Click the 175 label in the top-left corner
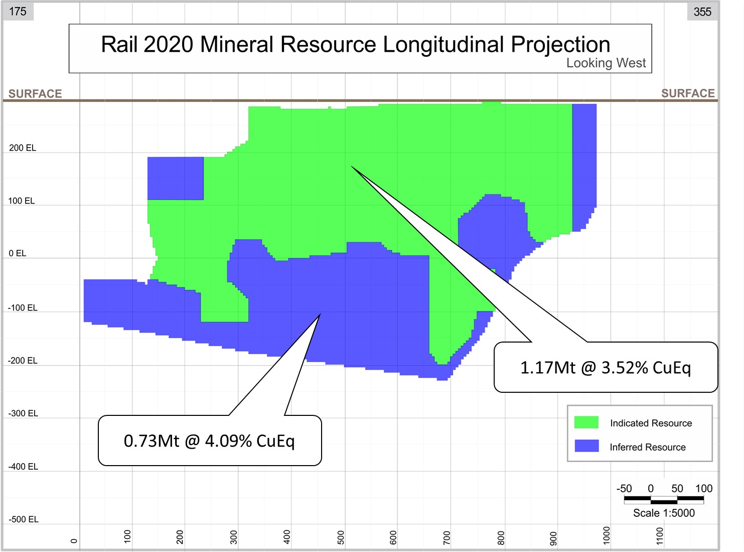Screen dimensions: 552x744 coord(18,11)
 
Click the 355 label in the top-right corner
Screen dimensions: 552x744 coord(702,12)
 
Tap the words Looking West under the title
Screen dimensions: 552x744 coord(606,63)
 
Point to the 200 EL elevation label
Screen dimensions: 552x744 coord(23,148)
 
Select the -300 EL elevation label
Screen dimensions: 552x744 coord(23,413)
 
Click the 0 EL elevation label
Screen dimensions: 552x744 coord(18,253)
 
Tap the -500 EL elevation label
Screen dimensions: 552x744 coord(24,519)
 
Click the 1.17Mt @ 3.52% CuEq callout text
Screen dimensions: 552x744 coord(606,368)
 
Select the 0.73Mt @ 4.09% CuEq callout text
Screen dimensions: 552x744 coord(209,441)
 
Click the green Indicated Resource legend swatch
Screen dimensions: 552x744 coord(586,422)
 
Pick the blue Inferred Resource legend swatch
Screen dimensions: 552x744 coord(586,446)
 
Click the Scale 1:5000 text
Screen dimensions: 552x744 coord(664,513)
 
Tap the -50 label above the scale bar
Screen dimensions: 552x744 coord(624,488)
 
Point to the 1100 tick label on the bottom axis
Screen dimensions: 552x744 coord(660,536)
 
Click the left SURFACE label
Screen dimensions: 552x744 coord(35,93)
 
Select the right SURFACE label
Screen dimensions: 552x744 coord(688,93)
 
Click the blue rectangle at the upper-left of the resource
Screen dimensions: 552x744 coord(176,178)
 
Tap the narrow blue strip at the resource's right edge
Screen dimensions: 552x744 coord(584,161)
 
